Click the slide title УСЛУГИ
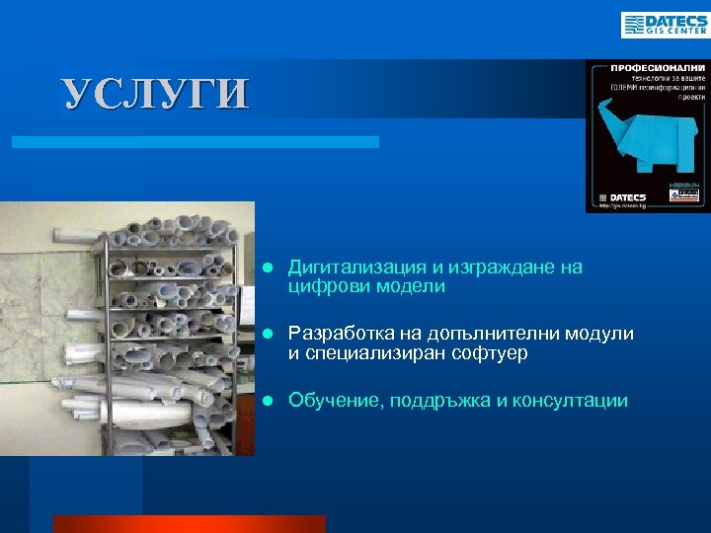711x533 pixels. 156,94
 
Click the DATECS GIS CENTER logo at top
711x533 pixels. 664,25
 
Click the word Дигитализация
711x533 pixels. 346,267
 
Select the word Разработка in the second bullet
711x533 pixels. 332,334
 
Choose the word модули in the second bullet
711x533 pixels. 599,334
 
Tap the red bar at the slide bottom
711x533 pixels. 189,523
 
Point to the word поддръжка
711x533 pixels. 448,400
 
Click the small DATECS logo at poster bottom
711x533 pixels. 620,197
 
